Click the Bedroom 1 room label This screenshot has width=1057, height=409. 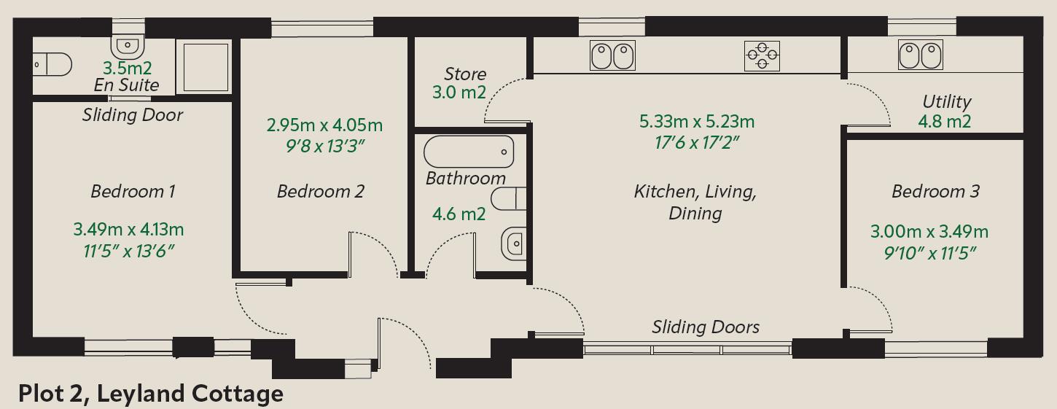(133, 192)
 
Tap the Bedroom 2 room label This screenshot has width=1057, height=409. (320, 192)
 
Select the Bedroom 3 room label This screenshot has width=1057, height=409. (935, 192)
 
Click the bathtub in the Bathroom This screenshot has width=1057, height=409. (469, 152)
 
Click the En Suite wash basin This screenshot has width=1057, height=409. (128, 45)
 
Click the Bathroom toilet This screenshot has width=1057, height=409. (510, 198)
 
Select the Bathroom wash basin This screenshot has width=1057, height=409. (514, 242)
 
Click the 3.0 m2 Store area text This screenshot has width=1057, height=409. (459, 93)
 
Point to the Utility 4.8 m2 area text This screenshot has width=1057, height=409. (944, 122)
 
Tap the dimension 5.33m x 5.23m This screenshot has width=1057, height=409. (697, 121)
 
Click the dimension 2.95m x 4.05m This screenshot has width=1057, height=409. (324, 125)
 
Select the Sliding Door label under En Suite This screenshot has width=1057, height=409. (132, 115)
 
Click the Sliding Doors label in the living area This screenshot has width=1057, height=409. (705, 327)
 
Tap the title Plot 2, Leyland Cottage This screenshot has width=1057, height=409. (150, 394)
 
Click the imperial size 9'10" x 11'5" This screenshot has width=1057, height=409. (929, 253)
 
